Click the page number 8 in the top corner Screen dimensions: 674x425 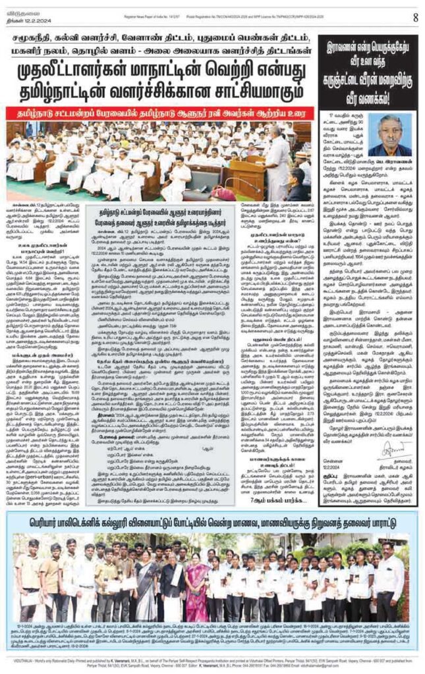415,18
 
